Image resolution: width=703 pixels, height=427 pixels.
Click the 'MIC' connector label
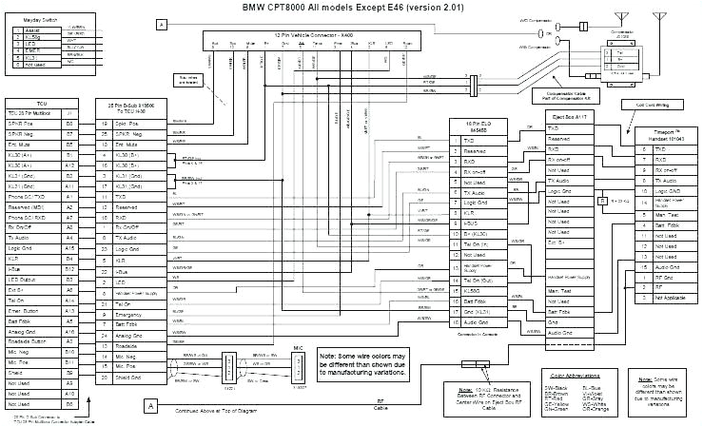point(298,349)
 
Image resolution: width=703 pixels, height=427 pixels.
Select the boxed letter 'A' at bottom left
point(149,406)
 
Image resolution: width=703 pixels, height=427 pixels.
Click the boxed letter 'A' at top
point(162,23)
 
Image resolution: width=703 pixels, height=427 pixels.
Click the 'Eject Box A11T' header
point(569,118)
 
